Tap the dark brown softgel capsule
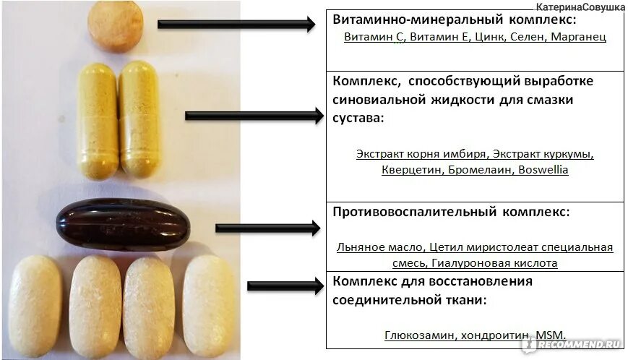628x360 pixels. (x=124, y=223)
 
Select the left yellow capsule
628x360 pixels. (x=97, y=120)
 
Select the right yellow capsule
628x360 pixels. (x=139, y=120)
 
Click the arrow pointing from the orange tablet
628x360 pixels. (x=236, y=25)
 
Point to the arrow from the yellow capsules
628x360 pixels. (x=254, y=116)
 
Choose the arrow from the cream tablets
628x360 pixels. (x=285, y=286)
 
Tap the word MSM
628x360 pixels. (x=550, y=336)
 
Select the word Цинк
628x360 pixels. (x=486, y=36)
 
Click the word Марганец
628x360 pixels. (x=578, y=36)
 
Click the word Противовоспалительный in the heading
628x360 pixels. (x=413, y=212)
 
